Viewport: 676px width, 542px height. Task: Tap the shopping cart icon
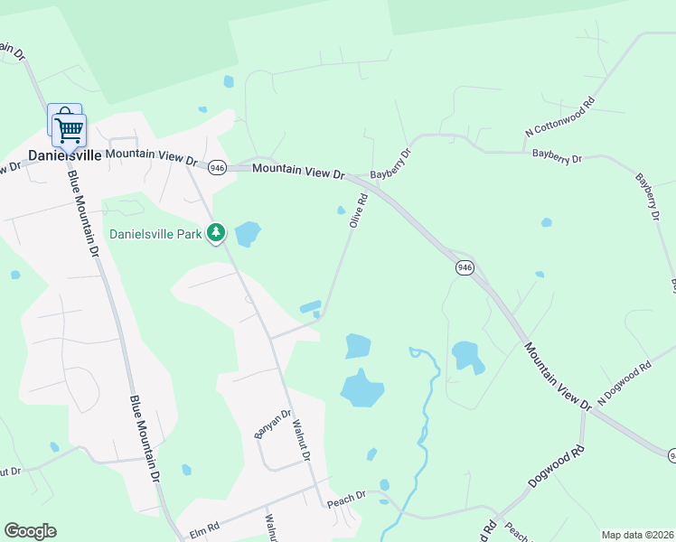point(68,128)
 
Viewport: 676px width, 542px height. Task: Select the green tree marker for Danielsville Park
point(215,233)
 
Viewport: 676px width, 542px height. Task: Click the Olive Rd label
point(359,210)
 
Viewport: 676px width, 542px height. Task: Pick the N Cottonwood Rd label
point(561,117)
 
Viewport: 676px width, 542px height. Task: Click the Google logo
point(30,531)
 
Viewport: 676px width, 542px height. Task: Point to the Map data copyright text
point(637,535)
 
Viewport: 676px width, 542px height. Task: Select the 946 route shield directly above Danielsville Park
point(217,167)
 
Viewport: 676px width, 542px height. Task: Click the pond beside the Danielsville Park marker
point(247,234)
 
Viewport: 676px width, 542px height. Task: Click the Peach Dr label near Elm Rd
point(346,496)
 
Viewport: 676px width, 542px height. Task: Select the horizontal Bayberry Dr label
point(558,157)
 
